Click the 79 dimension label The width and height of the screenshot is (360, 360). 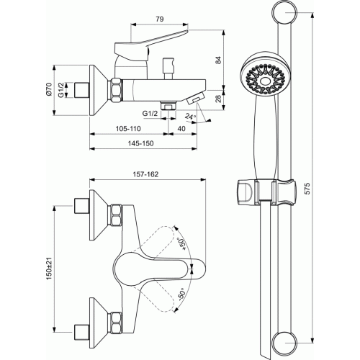pyautogui.click(x=160, y=19)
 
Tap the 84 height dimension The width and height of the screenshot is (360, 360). pyautogui.click(x=218, y=60)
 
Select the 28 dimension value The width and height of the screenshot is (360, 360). pyautogui.click(x=218, y=99)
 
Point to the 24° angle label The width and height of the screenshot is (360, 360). pyautogui.click(x=190, y=117)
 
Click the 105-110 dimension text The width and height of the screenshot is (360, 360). pyautogui.click(x=128, y=129)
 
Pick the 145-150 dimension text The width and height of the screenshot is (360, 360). pyautogui.click(x=140, y=143)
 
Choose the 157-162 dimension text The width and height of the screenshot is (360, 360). pyautogui.click(x=145, y=174)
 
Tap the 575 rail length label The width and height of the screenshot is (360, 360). pyautogui.click(x=307, y=189)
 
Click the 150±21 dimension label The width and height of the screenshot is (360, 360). pyautogui.click(x=49, y=268)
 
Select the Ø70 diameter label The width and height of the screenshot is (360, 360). pyautogui.click(x=49, y=89)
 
